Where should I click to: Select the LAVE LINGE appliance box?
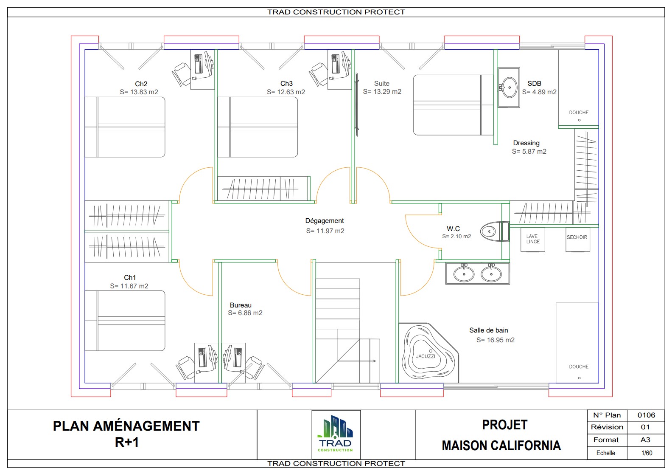point(533,240)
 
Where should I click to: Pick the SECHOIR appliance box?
point(577,239)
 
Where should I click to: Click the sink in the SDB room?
point(509,87)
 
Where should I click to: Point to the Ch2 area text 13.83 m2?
point(139,92)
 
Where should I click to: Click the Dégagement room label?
point(325,221)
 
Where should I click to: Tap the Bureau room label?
point(241,305)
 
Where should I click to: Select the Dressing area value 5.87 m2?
point(529,152)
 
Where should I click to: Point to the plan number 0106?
point(646,415)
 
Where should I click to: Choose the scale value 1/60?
point(647,453)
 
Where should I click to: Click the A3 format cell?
point(645,440)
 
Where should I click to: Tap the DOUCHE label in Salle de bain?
point(579,367)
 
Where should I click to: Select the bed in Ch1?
point(125,321)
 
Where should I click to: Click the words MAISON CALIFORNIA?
point(501,446)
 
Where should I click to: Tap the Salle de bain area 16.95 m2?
point(495,340)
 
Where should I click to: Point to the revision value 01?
point(645,427)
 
